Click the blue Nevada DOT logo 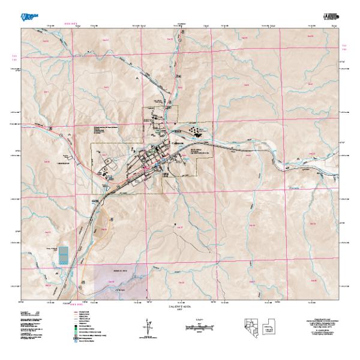[29, 13]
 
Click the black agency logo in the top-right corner [331, 14]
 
